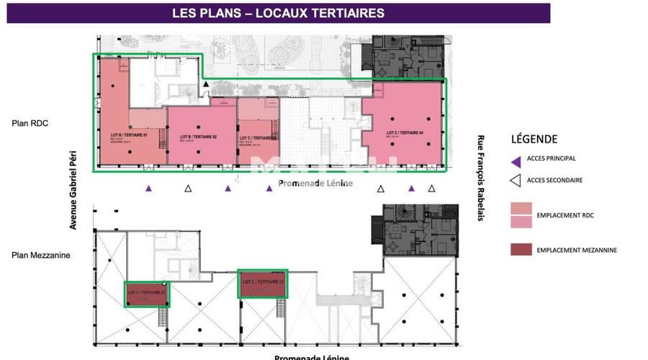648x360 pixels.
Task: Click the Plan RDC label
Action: coord(30,123)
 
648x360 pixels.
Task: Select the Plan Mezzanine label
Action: coord(40,254)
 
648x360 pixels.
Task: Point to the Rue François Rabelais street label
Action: coord(480,177)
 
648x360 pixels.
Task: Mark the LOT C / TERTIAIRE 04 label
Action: coord(405,132)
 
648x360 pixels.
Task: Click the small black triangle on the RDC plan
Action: coord(206,85)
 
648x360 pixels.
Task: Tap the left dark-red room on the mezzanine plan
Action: coord(146,294)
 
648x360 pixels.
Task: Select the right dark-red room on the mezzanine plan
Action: coord(263,284)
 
